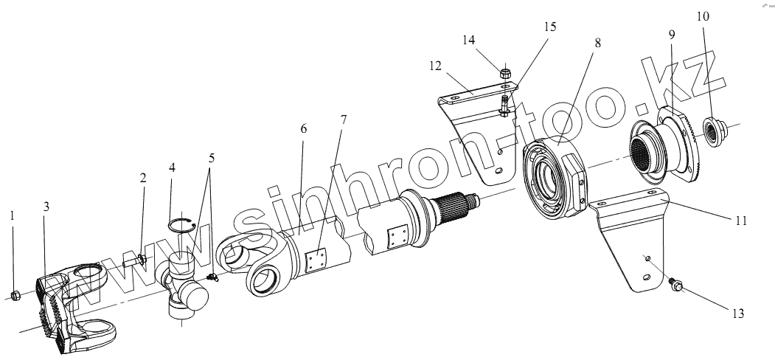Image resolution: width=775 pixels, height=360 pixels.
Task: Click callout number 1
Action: pyautogui.click(x=12, y=217)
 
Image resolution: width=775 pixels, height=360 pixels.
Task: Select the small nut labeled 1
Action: pyautogui.click(x=15, y=296)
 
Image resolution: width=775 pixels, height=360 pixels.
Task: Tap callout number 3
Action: pyautogui.click(x=46, y=207)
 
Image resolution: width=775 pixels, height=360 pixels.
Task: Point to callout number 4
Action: pyautogui.click(x=172, y=167)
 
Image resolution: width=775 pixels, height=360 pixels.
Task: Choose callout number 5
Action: pyautogui.click(x=212, y=157)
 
